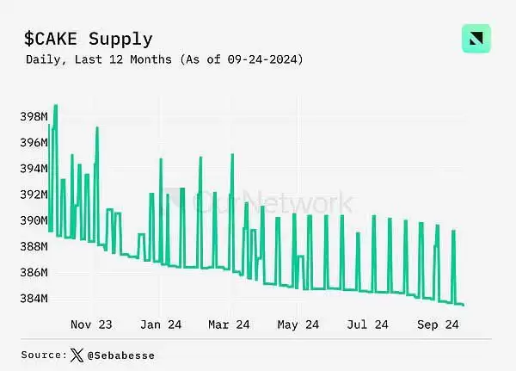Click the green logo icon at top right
[x=476, y=39]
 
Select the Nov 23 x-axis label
[x=91, y=325]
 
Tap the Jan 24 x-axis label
[x=162, y=325]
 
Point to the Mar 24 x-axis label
[x=230, y=325]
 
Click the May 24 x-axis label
[x=298, y=325]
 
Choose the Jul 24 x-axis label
[x=368, y=325]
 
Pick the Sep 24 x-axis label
[x=438, y=325]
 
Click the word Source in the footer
[x=42, y=355]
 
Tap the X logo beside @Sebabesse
[x=77, y=355]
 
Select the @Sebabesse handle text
[x=120, y=355]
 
